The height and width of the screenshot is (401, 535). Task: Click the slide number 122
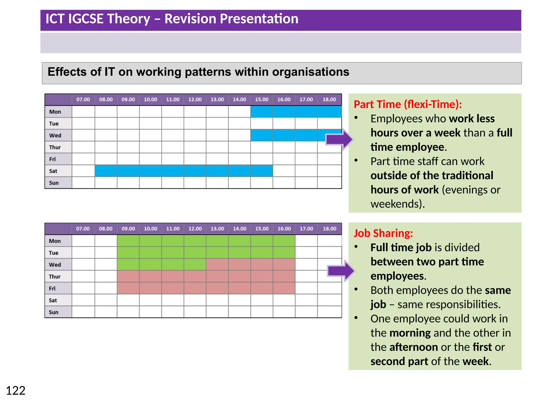tap(16, 391)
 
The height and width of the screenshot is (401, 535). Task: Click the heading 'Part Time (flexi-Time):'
tap(408, 104)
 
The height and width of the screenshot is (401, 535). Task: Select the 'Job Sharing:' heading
tap(383, 233)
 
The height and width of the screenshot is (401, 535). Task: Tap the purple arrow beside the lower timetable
tap(340, 271)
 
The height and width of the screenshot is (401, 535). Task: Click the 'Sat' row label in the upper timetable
tap(53, 171)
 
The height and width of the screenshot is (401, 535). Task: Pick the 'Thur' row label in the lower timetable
tap(55, 276)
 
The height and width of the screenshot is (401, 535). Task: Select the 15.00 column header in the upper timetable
tap(261, 99)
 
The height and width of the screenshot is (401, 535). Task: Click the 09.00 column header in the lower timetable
tap(128, 229)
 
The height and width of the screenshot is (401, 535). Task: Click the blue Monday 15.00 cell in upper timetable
tap(261, 111)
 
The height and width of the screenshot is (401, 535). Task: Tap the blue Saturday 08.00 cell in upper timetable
tap(106, 171)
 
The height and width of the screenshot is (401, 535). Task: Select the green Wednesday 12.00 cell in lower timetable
tap(195, 264)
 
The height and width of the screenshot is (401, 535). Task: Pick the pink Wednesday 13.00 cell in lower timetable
tap(217, 264)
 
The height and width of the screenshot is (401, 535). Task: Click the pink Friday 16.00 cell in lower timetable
tap(284, 288)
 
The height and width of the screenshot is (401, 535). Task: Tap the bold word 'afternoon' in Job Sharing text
tap(414, 347)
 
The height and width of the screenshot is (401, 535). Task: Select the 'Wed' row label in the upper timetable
tap(55, 135)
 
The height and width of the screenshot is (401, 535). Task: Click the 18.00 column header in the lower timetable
tap(329, 229)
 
